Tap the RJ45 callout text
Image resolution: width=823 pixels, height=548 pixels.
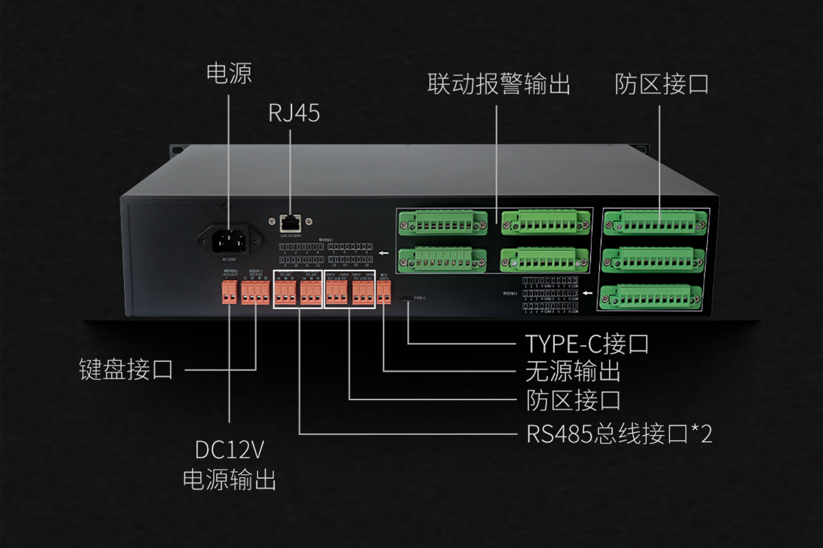coord(294,114)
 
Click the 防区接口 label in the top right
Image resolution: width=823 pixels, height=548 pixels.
coord(661,84)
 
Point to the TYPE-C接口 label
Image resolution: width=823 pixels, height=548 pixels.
coord(586,342)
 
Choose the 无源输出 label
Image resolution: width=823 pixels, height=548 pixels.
coord(573,371)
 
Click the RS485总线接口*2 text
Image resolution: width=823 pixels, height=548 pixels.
coord(619,434)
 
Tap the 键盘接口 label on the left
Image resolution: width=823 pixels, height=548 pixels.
coord(125,371)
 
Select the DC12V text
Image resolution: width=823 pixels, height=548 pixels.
coord(229,450)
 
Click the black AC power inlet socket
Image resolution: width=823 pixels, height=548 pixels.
coord(230,239)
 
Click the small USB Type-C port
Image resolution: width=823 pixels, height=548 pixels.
coord(407,299)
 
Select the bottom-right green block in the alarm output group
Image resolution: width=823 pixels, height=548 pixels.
coord(545,258)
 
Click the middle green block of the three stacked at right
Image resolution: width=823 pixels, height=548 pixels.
coord(653,259)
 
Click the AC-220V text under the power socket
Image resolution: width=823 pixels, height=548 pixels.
coord(229,259)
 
